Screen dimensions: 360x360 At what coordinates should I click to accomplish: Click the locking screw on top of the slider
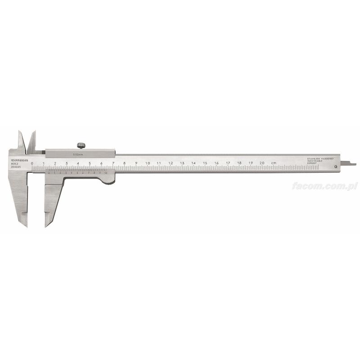coord(81,145)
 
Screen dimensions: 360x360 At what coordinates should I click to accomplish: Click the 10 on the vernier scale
coord(105,172)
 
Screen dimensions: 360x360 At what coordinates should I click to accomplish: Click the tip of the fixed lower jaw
coord(26,225)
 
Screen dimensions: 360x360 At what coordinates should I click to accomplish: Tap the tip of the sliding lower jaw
coord(45,225)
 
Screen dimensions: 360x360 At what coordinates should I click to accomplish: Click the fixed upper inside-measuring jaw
coord(21,139)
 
